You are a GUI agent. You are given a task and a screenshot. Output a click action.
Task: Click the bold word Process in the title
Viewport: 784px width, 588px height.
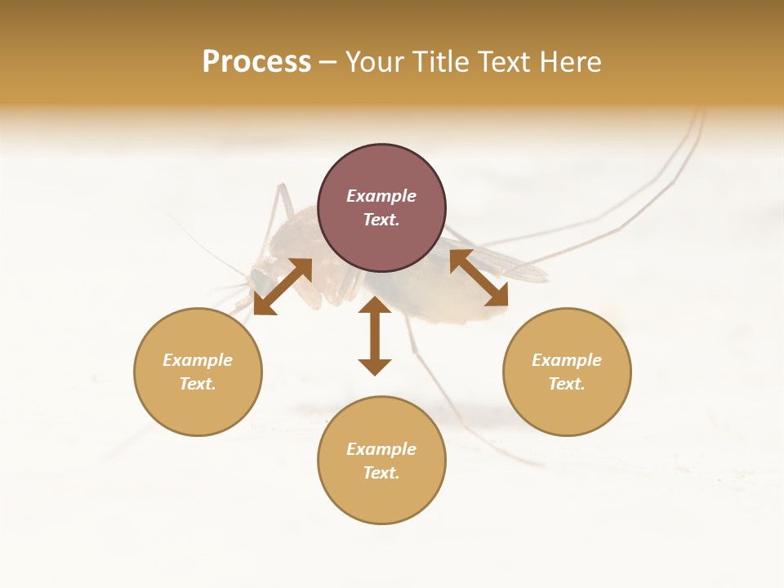256,62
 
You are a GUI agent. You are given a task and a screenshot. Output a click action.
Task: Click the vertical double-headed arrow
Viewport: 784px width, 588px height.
375,336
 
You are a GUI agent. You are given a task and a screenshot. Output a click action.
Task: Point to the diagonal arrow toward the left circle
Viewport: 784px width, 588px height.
283,287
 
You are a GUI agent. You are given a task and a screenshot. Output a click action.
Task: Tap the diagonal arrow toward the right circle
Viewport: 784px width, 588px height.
479,278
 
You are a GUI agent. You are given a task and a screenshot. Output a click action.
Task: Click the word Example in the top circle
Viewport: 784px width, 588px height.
381,196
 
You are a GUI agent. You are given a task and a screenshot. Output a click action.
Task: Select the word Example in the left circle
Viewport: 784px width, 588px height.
198,360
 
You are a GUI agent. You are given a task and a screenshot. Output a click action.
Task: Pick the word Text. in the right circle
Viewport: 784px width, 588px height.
567,384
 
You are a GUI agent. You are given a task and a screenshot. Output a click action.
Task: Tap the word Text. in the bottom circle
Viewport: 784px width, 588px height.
381,473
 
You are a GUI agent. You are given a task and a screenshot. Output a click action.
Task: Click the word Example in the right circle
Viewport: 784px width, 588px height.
567,360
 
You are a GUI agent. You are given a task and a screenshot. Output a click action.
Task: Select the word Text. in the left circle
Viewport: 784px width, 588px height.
198,384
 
